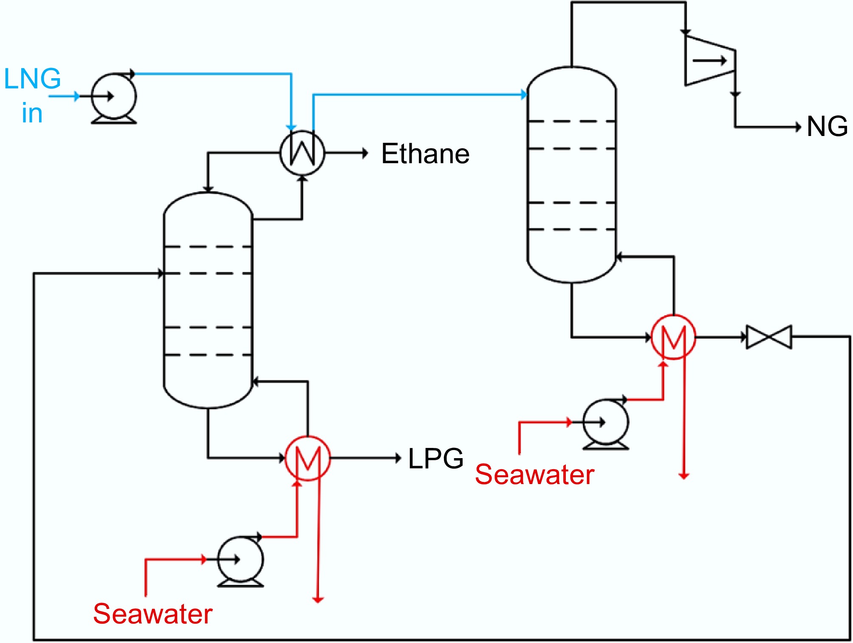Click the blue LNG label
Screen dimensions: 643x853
(x=32, y=79)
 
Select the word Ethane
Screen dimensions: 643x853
(x=425, y=154)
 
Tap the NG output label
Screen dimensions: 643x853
(x=827, y=127)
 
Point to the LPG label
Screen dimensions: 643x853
(x=435, y=459)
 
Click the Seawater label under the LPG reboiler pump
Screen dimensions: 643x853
(x=153, y=614)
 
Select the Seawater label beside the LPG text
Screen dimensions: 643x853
(x=534, y=474)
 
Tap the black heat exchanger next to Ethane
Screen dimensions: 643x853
(x=302, y=153)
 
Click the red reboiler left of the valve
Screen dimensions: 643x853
(x=673, y=337)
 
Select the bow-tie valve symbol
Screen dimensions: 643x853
(x=769, y=337)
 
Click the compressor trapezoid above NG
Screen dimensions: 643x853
(x=709, y=61)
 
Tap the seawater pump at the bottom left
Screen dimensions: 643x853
(x=240, y=560)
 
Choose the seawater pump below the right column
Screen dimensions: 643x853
(x=606, y=422)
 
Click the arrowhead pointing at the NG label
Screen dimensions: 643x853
(x=798, y=127)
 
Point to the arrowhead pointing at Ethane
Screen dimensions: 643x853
(x=365, y=153)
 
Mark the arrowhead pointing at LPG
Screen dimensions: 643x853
(x=398, y=458)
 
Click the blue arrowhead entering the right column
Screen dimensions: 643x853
(x=524, y=95)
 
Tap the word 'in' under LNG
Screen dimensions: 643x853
(x=32, y=113)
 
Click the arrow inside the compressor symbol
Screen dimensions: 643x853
(x=709, y=61)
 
